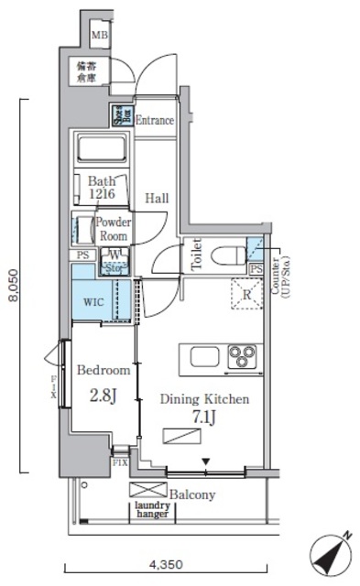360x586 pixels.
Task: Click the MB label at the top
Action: [x=99, y=36]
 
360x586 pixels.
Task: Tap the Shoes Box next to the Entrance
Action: [x=121, y=115]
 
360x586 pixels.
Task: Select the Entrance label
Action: [x=154, y=120]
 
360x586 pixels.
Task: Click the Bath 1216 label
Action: [x=103, y=188]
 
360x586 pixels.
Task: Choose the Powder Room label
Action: [x=114, y=228]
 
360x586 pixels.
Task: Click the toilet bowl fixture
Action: [x=226, y=254]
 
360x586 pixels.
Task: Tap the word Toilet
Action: [x=194, y=254]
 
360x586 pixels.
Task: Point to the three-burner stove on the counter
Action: [x=244, y=355]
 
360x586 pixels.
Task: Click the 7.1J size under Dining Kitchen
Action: [x=203, y=418]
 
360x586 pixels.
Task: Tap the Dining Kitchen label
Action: [x=204, y=399]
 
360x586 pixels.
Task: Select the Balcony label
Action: [x=191, y=494]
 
